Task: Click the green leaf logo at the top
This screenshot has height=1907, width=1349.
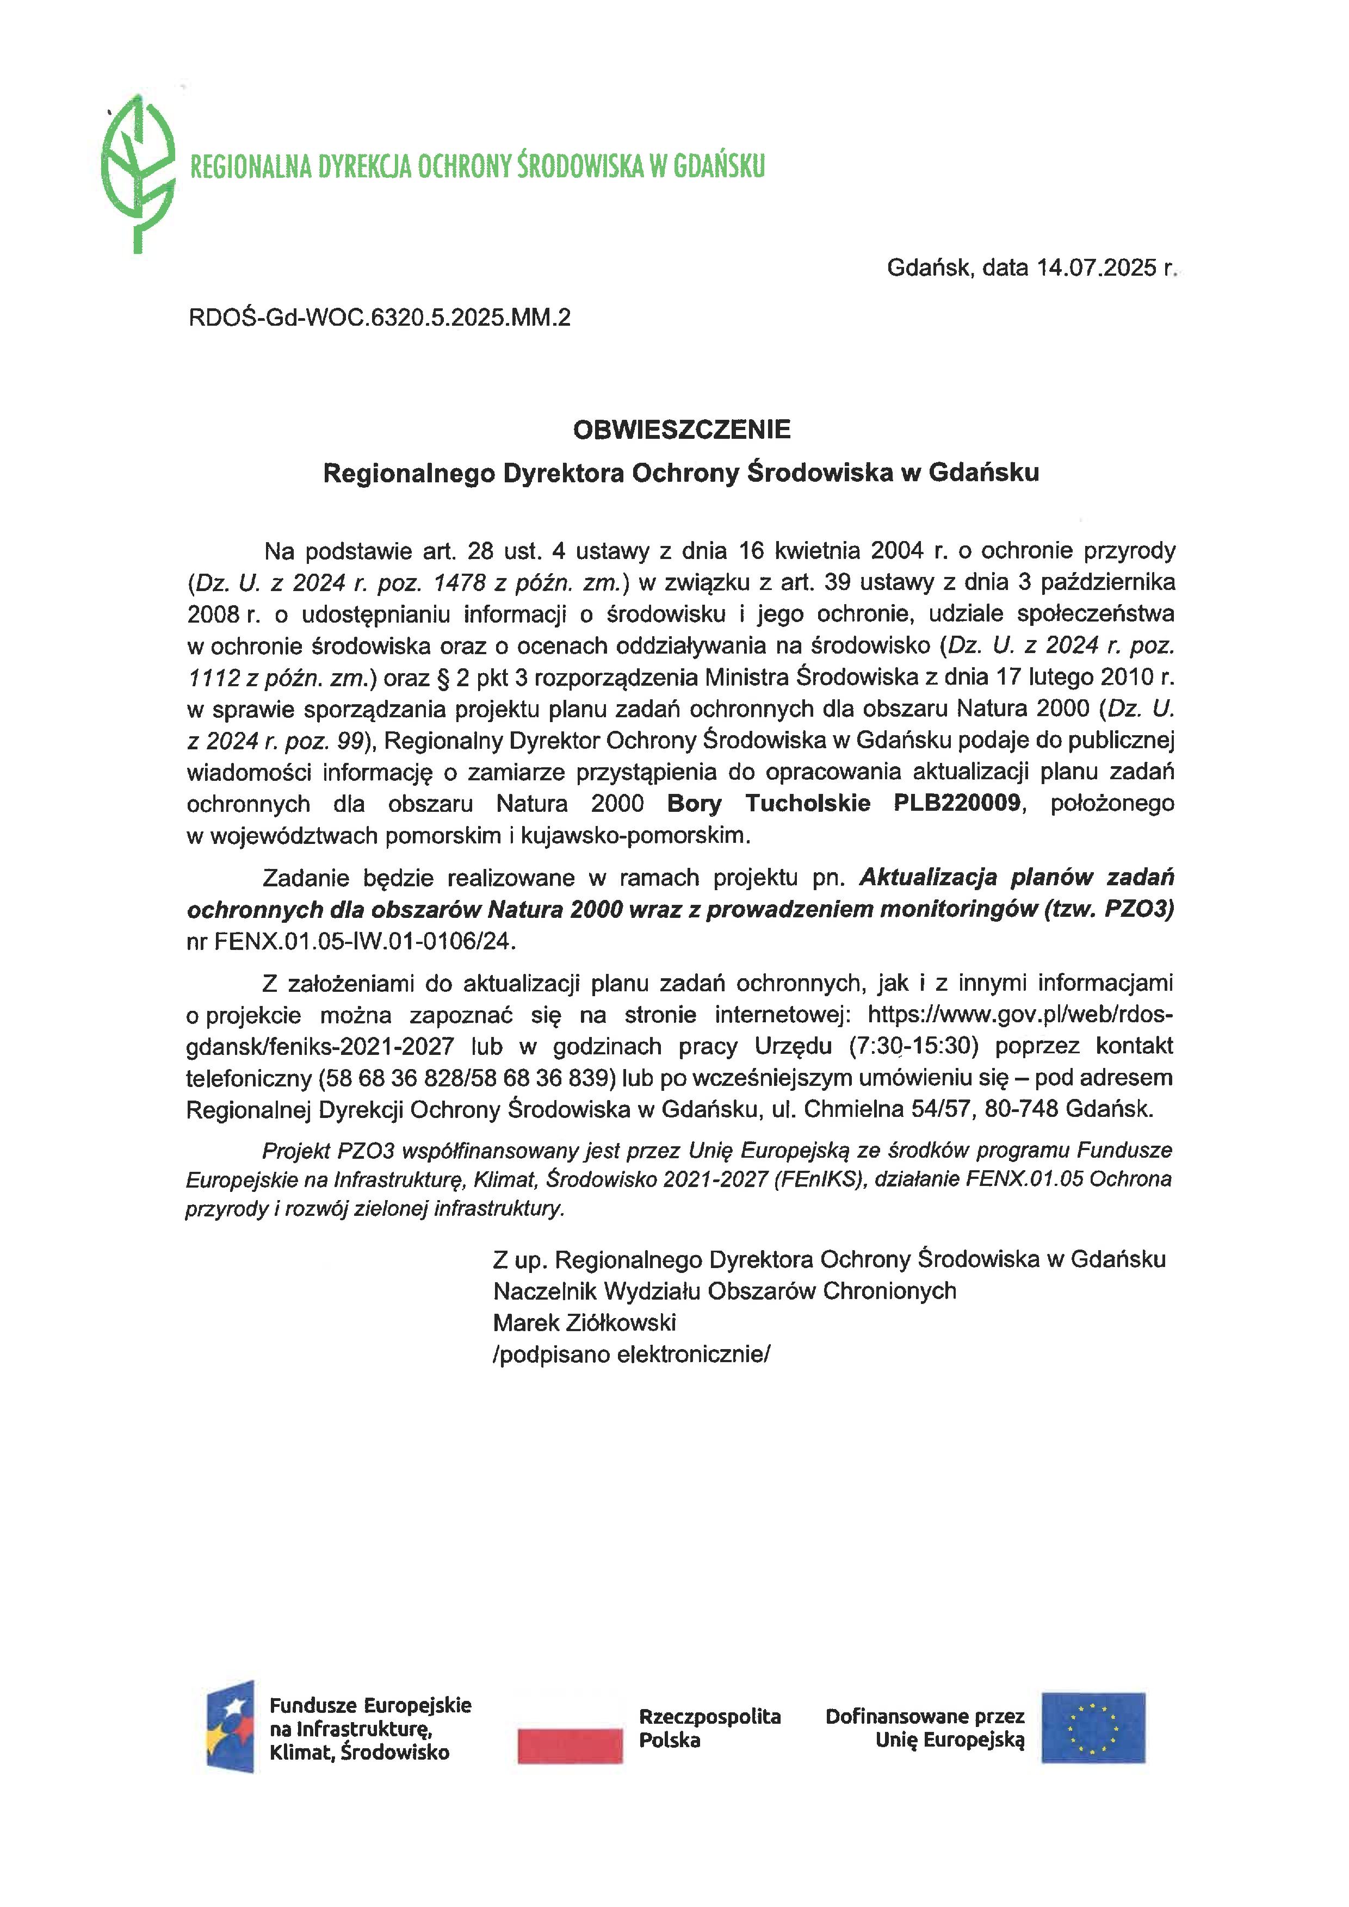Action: [x=138, y=173]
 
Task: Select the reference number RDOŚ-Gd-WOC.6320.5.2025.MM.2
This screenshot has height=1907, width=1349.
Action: [x=380, y=318]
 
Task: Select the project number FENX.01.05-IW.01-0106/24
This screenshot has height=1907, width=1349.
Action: [x=364, y=942]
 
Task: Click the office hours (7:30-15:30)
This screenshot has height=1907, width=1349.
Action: [x=913, y=1047]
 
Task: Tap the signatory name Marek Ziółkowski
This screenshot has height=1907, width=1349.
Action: [x=584, y=1322]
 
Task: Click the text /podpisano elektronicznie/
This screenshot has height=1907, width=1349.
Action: [x=632, y=1355]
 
